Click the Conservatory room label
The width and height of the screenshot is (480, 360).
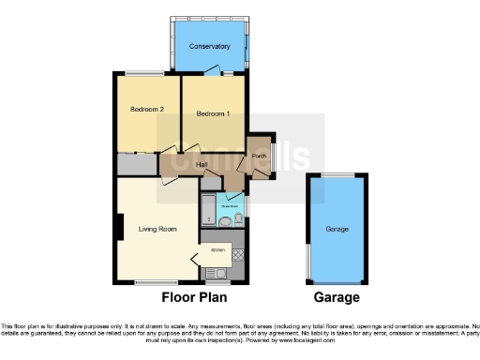(209, 46)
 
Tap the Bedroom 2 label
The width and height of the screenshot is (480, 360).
(147, 110)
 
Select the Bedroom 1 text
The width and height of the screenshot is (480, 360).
(213, 113)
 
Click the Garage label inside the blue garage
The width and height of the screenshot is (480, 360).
(337, 229)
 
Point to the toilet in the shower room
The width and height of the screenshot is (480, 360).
(239, 219)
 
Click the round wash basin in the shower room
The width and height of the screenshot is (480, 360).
(225, 221)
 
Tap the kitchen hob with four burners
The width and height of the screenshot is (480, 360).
(238, 254)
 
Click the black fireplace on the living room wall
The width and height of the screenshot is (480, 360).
(119, 228)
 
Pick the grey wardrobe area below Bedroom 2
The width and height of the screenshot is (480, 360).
(136, 164)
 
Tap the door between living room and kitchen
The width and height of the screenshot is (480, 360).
(196, 256)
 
